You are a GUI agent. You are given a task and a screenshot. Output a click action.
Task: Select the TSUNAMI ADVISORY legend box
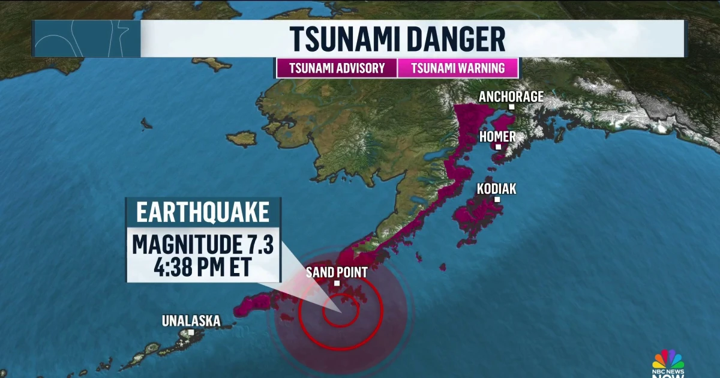click(x=337, y=68)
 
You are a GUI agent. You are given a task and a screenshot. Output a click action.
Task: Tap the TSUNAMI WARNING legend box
click(x=457, y=68)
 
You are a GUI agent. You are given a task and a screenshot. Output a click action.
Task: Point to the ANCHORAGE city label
click(x=511, y=96)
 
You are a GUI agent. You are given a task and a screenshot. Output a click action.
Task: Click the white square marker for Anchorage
click(x=512, y=107)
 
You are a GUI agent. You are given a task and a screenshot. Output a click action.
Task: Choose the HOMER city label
click(x=497, y=137)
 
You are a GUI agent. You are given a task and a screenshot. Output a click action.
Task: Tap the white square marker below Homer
click(x=498, y=146)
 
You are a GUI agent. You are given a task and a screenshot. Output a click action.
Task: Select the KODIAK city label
click(x=496, y=189)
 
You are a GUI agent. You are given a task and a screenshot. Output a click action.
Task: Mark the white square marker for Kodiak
click(x=497, y=199)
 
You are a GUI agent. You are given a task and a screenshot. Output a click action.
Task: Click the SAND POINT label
click(x=337, y=272)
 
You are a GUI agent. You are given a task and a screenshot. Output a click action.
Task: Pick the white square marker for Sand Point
click(x=337, y=283)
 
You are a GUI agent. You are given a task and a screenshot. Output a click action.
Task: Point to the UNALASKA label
click(x=191, y=321)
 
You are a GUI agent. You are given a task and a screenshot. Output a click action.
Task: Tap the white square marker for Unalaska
click(x=191, y=332)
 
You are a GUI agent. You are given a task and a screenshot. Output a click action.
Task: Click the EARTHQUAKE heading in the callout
click(x=203, y=214)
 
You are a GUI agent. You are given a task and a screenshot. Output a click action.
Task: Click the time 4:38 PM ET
click(x=203, y=267)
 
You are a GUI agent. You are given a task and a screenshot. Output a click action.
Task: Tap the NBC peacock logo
click(x=668, y=360)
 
